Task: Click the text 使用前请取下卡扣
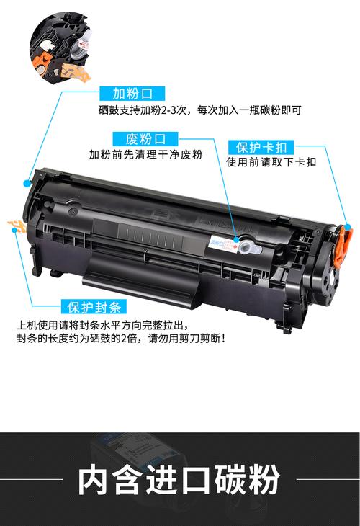click(271, 162)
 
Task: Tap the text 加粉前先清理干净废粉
click(146, 155)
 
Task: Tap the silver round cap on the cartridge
click(246, 247)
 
